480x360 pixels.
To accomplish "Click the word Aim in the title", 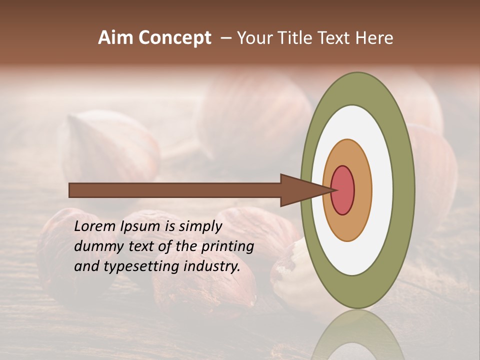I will (116, 38).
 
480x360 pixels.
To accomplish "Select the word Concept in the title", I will (175, 38).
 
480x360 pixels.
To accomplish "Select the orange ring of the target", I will (363, 190).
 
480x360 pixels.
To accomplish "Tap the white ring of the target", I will (382, 190).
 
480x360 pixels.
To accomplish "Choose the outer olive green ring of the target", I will (403, 190).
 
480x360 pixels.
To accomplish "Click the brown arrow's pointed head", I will (300, 190).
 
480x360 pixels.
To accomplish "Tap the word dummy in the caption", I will (96, 246).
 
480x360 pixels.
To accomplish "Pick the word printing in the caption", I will (228, 247).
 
